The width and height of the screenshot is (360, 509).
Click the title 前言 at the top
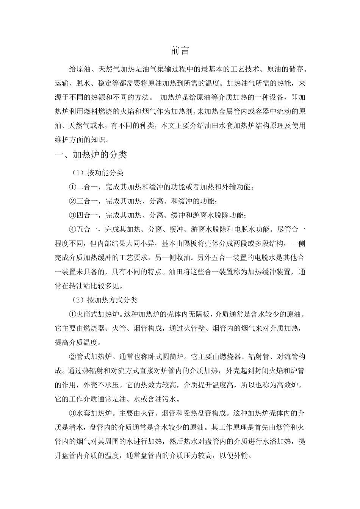point(180,51)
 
